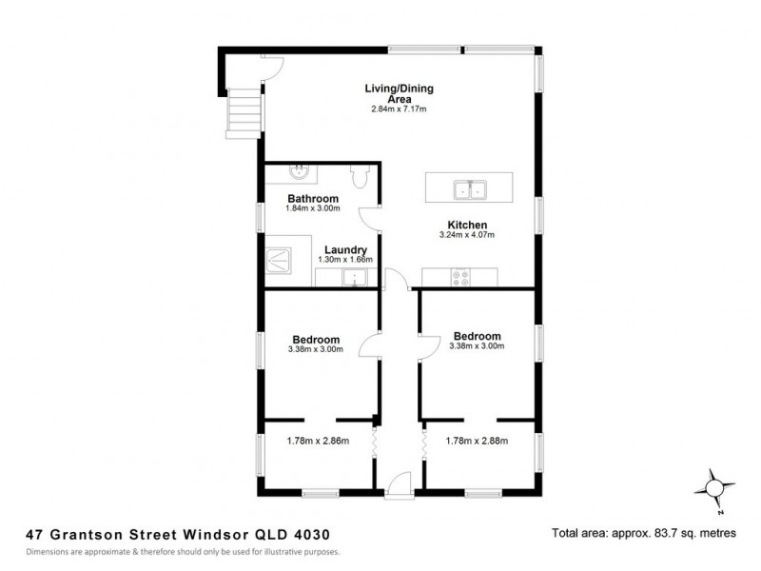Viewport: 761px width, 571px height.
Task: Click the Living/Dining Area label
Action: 399,93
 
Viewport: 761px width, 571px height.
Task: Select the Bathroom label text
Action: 313,199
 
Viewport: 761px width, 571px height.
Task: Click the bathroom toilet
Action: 360,176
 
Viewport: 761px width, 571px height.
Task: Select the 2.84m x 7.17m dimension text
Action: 399,108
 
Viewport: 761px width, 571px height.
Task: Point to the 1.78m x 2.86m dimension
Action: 319,441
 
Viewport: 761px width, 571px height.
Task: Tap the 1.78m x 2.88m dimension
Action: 478,441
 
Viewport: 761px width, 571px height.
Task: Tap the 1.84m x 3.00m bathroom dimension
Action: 313,208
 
